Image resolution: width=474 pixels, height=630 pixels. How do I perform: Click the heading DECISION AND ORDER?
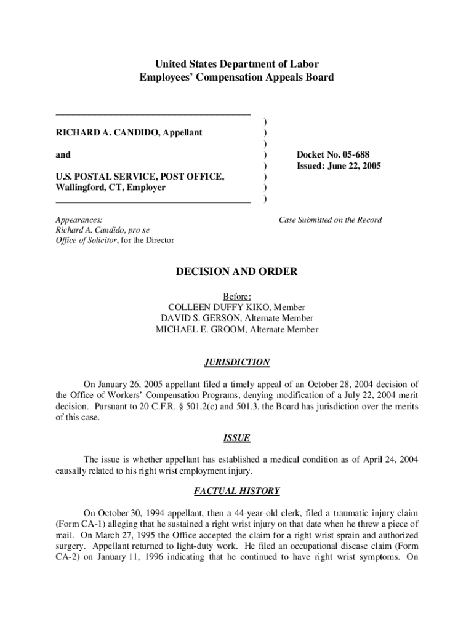237,271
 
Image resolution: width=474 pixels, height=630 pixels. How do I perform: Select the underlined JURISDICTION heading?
237,362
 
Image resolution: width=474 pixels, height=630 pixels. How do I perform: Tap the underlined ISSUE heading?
237,438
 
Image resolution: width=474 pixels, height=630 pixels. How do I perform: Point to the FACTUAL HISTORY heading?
237,491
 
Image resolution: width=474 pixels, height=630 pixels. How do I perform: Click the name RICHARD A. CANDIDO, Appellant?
129,132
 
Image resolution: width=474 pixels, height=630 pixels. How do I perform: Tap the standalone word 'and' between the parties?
63,154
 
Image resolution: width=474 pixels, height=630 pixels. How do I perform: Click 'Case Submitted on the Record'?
330,220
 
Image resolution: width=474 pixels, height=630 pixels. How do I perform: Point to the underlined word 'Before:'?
237,296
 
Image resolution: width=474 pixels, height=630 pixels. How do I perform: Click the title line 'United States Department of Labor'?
237,64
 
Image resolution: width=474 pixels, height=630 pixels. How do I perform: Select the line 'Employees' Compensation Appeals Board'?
237,77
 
